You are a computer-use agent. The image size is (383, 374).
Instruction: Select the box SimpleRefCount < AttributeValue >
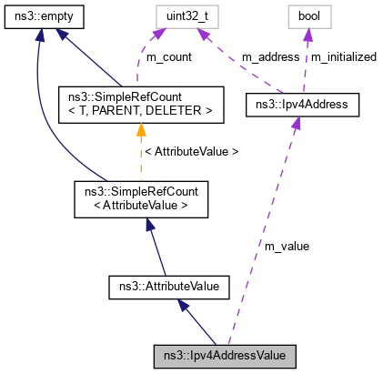pyautogui.click(x=141, y=198)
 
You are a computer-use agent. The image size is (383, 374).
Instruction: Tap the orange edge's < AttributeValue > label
pyautogui.click(x=192, y=151)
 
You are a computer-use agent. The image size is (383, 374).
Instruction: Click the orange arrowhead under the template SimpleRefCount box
pyautogui.click(x=141, y=132)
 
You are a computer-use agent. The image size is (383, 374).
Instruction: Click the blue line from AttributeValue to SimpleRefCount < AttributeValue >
pyautogui.click(x=155, y=246)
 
